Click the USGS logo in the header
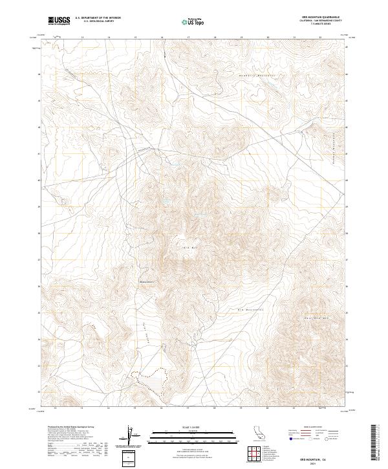click(59, 21)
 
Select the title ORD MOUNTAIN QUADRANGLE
click(320, 17)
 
